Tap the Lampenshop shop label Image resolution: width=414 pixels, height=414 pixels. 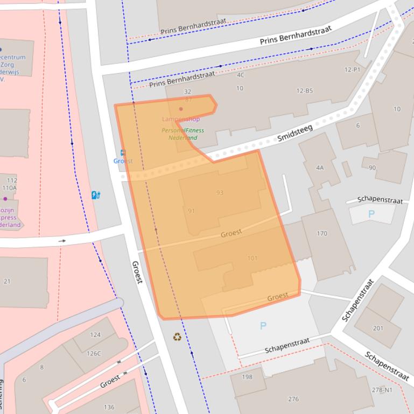181,119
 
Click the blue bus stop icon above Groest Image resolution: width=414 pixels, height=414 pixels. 123,153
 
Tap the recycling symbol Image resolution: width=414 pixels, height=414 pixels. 177,337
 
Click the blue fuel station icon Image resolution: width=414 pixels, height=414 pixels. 96,195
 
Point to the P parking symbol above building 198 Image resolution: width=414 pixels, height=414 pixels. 263,326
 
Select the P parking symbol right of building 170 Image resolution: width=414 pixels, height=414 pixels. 371,214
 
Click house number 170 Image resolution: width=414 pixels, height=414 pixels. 322,233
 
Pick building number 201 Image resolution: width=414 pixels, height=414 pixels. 378,328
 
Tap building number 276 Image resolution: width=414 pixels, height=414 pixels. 293,399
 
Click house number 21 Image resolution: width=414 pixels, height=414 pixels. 7,281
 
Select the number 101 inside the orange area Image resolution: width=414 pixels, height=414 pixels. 252,258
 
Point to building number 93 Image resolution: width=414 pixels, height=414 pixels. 220,192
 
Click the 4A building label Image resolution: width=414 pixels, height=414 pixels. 320,168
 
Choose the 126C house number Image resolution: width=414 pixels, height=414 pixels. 94,353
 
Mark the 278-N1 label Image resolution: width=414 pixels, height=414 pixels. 382,390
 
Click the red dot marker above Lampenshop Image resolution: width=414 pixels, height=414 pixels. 181,109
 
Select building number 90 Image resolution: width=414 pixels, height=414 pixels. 372,168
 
